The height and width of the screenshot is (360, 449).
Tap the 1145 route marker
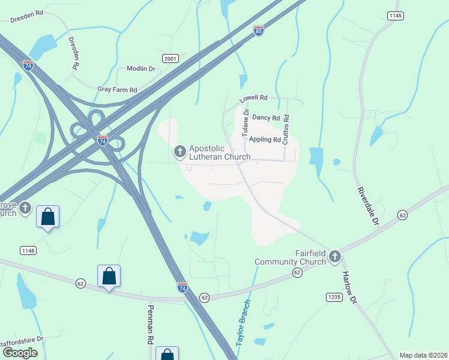(x=395, y=16)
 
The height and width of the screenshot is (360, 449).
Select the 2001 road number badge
(x=170, y=58)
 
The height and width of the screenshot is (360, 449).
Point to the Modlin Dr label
(x=141, y=69)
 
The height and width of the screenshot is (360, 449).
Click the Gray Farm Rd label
(x=117, y=89)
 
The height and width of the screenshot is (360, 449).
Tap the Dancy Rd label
(x=266, y=118)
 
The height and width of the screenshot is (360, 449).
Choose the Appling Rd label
(x=265, y=140)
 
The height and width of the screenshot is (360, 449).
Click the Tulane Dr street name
(x=246, y=122)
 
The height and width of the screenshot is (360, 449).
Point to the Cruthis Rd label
(x=286, y=130)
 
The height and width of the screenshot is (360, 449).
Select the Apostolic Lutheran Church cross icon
(x=179, y=152)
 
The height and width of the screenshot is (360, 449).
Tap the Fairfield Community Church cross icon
(x=334, y=257)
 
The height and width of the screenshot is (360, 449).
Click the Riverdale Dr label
(x=368, y=206)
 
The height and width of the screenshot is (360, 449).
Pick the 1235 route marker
(x=334, y=297)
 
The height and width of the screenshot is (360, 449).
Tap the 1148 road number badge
(x=28, y=250)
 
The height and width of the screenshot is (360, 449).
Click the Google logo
(x=20, y=353)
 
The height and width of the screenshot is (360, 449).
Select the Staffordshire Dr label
(x=22, y=339)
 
